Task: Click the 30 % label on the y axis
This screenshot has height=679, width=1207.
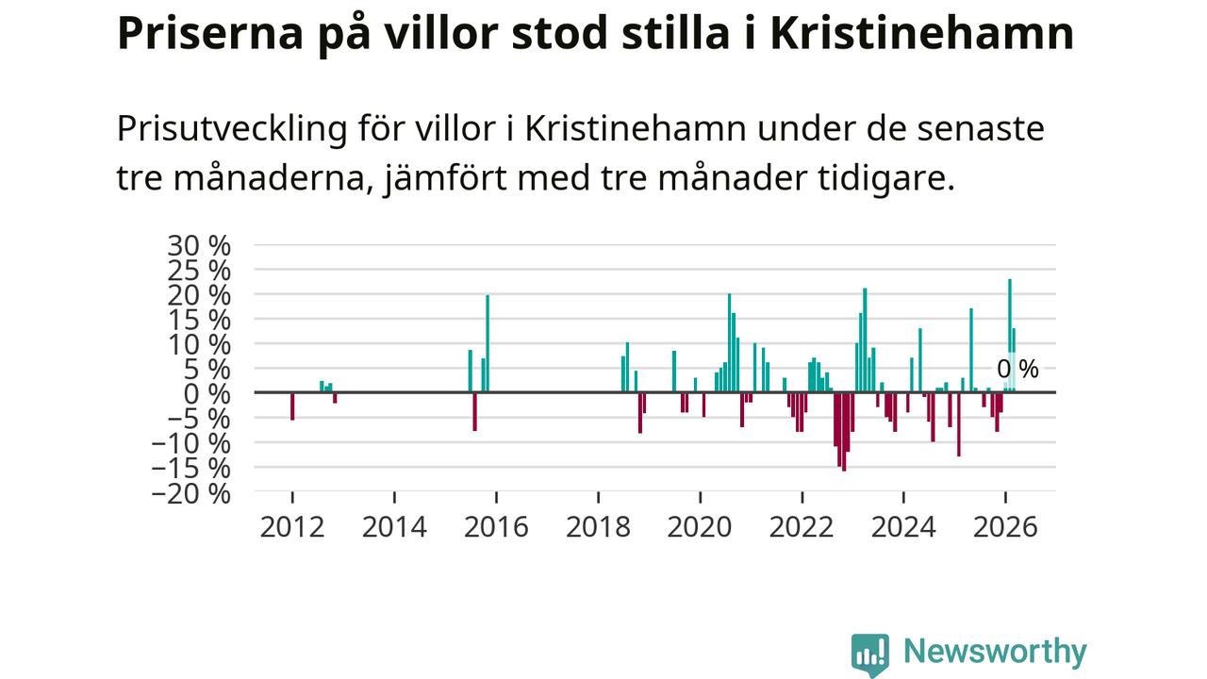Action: click(x=199, y=246)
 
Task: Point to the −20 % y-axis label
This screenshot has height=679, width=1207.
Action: click(x=191, y=494)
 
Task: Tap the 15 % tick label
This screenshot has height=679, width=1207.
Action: click(x=199, y=321)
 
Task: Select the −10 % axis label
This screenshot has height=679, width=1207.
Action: click(x=191, y=444)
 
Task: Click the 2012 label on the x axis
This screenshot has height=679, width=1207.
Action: click(x=292, y=527)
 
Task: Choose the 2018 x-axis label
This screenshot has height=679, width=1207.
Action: click(x=598, y=527)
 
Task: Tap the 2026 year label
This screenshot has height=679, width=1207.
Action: click(x=1005, y=527)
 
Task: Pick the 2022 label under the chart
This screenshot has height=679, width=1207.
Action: click(x=802, y=527)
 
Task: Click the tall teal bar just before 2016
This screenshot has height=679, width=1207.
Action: click(x=488, y=343)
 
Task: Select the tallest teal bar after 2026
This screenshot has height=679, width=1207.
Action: click(x=1010, y=336)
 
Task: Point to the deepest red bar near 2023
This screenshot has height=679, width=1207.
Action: click(x=844, y=432)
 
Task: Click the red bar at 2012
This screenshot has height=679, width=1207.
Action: click(x=292, y=406)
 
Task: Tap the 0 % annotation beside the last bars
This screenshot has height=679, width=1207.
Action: click(x=1017, y=370)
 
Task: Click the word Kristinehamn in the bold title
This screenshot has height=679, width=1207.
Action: click(x=922, y=33)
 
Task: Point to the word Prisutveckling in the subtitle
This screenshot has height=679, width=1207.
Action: click(x=232, y=130)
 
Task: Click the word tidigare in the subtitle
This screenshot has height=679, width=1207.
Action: click(x=886, y=179)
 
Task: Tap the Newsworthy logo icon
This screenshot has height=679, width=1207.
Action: click(x=869, y=654)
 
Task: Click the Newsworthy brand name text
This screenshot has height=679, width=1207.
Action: click(x=995, y=653)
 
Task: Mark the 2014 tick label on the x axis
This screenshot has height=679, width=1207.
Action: click(x=394, y=527)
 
